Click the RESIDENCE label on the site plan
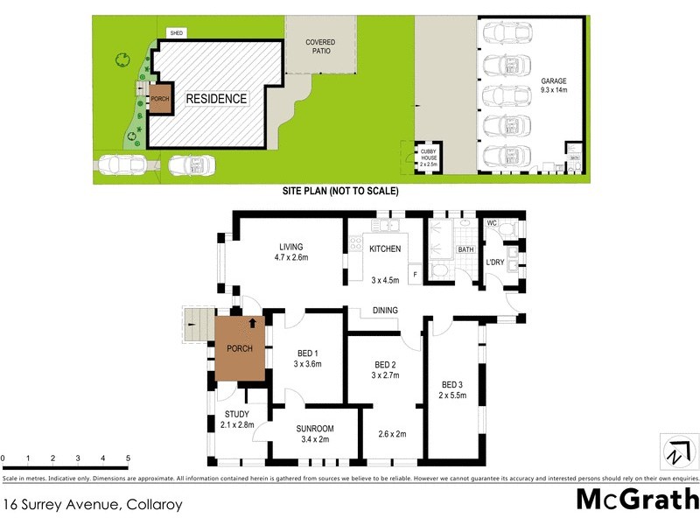[x=216, y=99]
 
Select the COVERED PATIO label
[x=320, y=46]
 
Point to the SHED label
[x=177, y=33]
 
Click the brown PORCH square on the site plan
[x=160, y=99]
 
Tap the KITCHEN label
[x=384, y=249]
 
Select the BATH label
[x=465, y=250]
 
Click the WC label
[x=492, y=223]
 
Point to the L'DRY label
[x=496, y=262]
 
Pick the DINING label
[x=385, y=310]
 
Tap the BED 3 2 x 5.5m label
[x=452, y=389]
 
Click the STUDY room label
[x=236, y=419]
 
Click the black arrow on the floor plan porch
[x=253, y=323]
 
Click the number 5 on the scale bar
[x=128, y=458]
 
